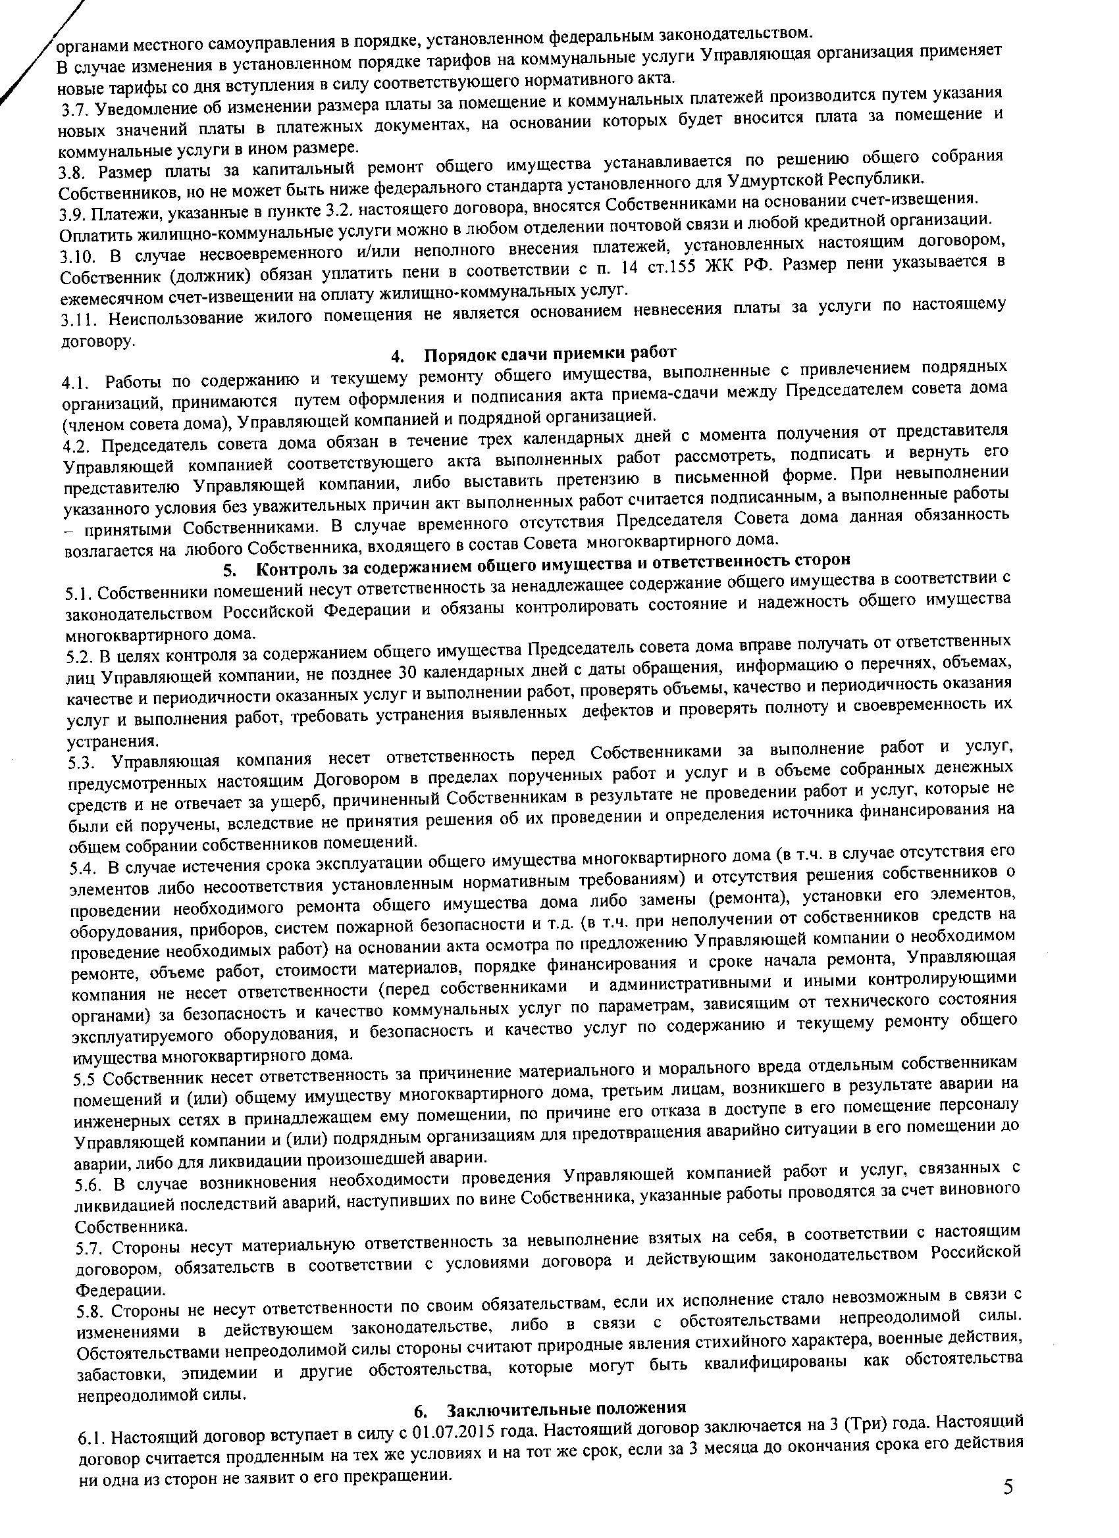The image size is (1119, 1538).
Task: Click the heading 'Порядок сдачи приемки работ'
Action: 550,354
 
